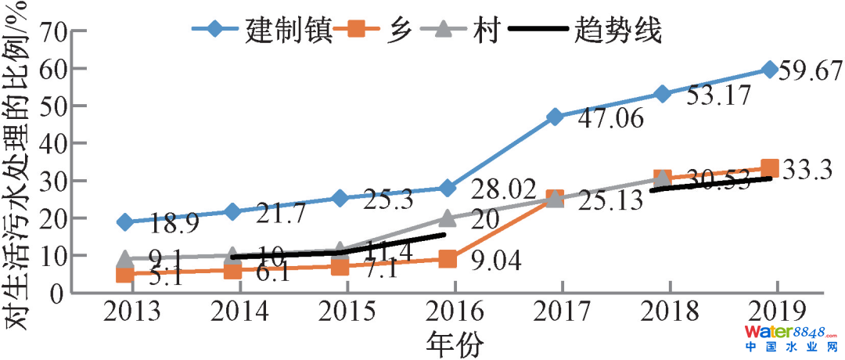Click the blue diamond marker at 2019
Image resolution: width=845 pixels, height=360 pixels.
click(770, 70)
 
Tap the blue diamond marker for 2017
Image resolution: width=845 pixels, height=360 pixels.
click(555, 117)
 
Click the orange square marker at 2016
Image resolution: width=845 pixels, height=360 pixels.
click(448, 259)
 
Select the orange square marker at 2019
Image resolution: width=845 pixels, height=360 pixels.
click(770, 168)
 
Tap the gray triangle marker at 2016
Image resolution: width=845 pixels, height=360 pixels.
click(448, 218)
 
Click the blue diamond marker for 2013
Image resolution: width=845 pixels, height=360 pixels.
click(124, 222)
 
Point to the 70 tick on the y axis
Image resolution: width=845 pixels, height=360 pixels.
click(51, 32)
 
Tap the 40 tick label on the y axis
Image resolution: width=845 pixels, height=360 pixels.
click(51, 144)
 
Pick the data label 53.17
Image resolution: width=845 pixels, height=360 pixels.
click(718, 96)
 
